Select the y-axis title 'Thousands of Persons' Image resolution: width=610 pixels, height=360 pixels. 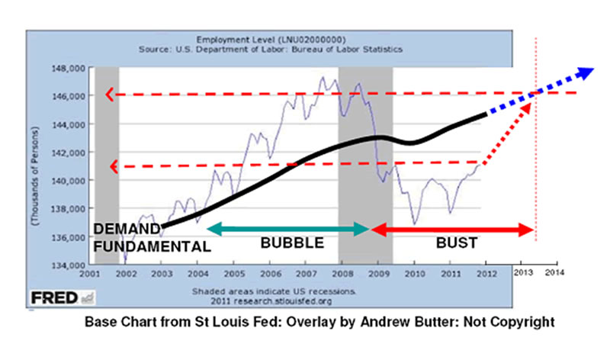click(37, 168)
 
